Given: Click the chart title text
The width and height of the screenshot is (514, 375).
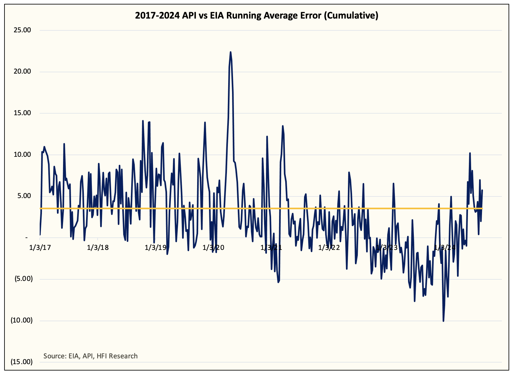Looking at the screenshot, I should point(256,15).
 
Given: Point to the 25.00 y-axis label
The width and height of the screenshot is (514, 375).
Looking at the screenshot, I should point(22,30).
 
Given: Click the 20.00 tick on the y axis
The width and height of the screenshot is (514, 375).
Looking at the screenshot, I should point(22,72).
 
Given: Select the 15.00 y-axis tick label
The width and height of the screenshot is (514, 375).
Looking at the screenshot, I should point(22,113).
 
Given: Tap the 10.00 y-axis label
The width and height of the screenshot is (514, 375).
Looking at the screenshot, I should point(22,155).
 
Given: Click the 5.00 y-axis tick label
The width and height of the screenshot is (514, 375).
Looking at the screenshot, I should point(24,196).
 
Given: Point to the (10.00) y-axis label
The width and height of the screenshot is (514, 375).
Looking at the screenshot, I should point(21,320).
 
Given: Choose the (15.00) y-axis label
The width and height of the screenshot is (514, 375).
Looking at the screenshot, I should point(21,362).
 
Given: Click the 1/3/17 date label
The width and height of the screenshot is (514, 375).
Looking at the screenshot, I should point(40,247).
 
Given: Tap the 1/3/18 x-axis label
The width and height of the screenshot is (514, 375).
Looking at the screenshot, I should point(98,247).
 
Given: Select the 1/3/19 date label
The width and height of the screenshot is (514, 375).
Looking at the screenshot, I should point(156,247).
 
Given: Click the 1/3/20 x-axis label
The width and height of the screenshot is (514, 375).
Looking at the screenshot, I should point(213,247).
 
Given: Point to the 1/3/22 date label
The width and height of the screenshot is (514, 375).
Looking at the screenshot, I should point(329,247).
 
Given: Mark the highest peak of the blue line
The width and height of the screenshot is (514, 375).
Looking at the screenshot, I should point(230,52).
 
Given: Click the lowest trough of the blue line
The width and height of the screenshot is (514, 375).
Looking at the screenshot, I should point(443,321).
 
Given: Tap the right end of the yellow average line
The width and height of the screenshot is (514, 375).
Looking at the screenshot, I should point(482,209).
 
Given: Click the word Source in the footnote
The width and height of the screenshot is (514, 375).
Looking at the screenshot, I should point(54,356).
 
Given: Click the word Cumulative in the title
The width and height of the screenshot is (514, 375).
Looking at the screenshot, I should point(351,15).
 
